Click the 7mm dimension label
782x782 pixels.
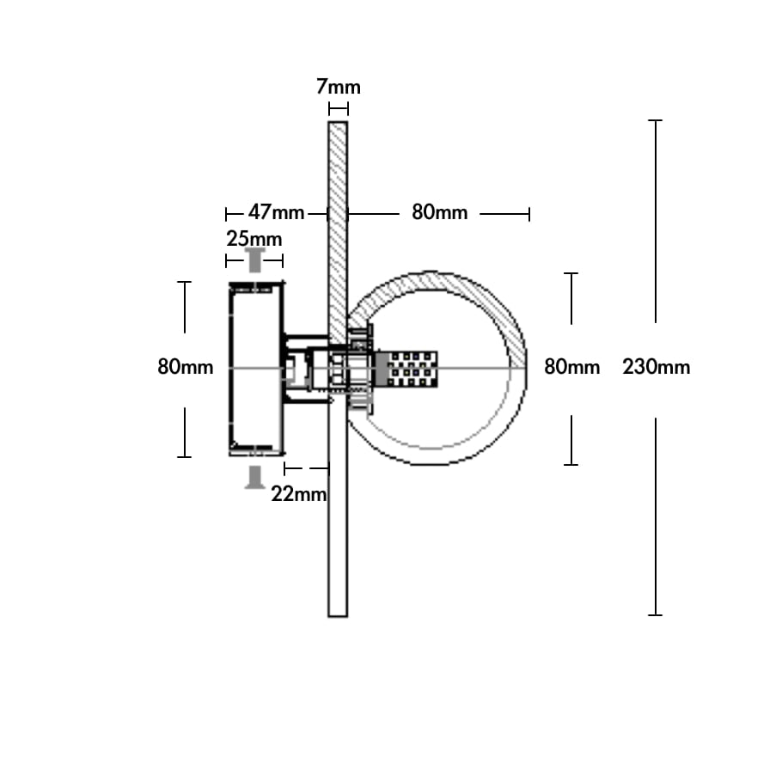point(338,87)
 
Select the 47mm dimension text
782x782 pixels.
point(276,212)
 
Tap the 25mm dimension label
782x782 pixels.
point(254,238)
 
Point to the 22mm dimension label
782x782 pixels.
point(299,494)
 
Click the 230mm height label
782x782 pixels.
point(657,367)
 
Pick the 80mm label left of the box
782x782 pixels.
point(185,367)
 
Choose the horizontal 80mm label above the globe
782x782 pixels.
point(439,212)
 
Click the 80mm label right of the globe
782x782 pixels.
point(571,367)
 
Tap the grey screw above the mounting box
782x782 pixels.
point(255,260)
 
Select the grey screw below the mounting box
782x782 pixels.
point(255,477)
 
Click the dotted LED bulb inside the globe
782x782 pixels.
point(406,369)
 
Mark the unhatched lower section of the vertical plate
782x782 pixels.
point(338,504)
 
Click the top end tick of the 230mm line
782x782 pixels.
point(656,120)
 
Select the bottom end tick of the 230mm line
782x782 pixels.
point(656,615)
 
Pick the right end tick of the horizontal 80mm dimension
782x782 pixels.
point(529,215)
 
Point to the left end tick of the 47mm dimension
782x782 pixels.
point(226,215)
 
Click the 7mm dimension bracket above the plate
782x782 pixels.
point(338,109)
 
